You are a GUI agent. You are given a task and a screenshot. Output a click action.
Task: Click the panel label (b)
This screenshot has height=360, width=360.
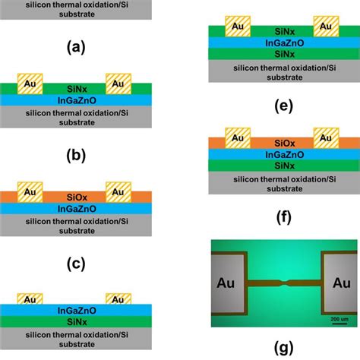coord(74,156)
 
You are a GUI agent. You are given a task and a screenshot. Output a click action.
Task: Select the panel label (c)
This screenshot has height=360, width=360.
coord(74,264)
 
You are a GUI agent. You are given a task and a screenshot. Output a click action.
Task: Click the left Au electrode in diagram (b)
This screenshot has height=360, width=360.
coord(29,81)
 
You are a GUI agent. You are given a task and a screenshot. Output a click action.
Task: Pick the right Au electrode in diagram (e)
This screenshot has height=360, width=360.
coord(327,25)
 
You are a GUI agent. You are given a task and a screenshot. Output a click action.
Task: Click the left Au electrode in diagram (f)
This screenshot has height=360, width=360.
coord(237,137)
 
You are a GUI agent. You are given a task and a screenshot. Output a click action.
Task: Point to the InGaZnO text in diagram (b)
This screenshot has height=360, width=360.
coord(74,99)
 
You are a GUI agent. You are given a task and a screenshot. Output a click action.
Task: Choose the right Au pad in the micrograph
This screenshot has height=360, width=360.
coord(339,285)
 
